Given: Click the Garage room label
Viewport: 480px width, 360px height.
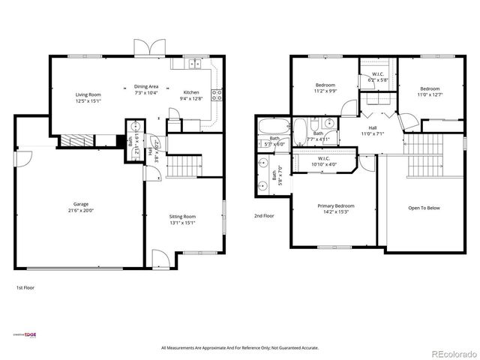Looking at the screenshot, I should coord(80,203).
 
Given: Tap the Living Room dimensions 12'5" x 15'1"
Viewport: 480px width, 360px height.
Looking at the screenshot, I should coord(88,100).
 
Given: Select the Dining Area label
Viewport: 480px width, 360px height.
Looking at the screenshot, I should coord(146,86).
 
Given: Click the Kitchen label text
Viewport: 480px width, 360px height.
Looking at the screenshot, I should coord(191,91).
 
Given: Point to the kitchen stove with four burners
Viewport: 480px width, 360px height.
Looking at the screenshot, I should coord(217,94).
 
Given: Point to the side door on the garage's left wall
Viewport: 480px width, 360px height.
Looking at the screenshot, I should coord(23,159).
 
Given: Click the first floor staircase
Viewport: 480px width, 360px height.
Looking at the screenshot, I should coord(184,166).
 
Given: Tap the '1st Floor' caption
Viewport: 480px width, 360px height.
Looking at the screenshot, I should coord(25,287).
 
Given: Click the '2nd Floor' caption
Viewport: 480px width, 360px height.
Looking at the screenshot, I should coord(264,215).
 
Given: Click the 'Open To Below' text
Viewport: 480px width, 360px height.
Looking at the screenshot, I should coord(424,207).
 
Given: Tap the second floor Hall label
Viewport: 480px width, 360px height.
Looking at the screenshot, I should coord(372,128).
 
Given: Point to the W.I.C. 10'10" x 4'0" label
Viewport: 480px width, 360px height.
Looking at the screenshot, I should coord(324,160).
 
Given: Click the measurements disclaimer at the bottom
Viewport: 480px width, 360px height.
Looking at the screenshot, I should coord(240,348).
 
